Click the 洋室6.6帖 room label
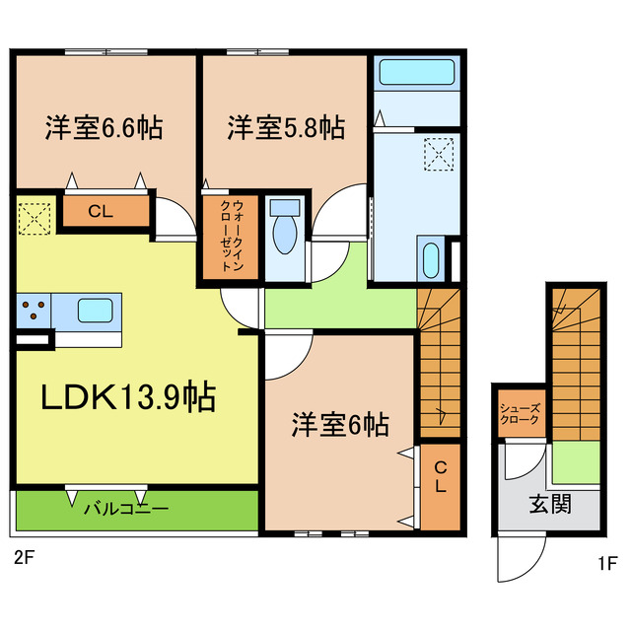(104, 128)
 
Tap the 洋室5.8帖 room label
(286, 128)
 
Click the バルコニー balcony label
(125, 510)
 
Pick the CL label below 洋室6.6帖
(100, 210)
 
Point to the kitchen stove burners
(35, 310)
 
